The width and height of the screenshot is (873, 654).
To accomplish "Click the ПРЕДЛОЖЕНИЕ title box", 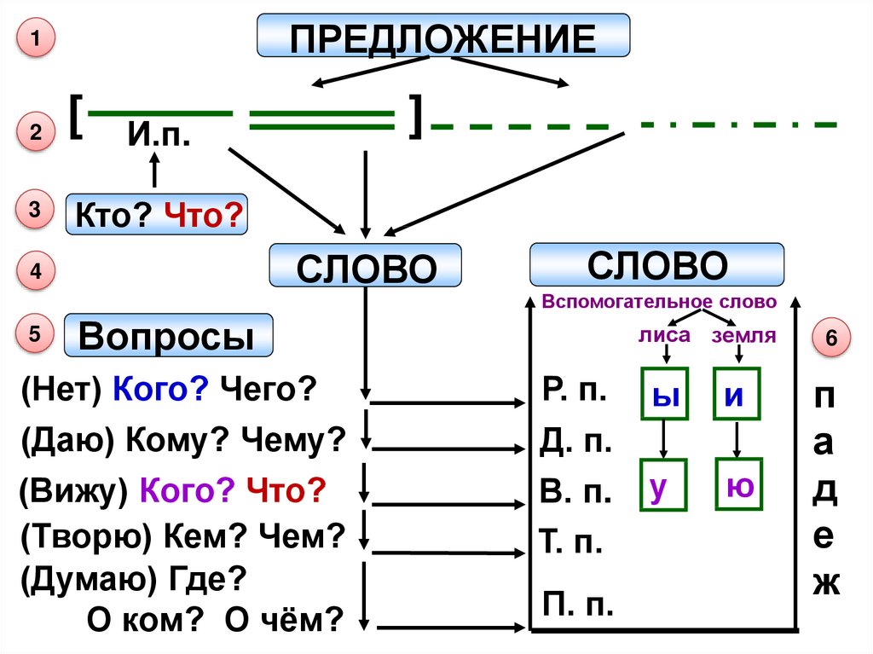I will coord(443,38).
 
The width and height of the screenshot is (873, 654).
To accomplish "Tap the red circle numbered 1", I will coord(34,41).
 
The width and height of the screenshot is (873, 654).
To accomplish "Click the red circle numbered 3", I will coord(34,213).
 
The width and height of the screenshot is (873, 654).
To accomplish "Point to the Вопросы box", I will coord(170,336).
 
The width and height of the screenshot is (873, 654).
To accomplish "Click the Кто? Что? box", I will coord(156,214).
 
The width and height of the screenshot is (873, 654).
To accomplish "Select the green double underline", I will coord(322,120).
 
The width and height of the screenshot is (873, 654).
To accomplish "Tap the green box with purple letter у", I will coord(662,485).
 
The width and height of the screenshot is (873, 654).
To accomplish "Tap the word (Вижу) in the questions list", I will coord(73,491).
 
